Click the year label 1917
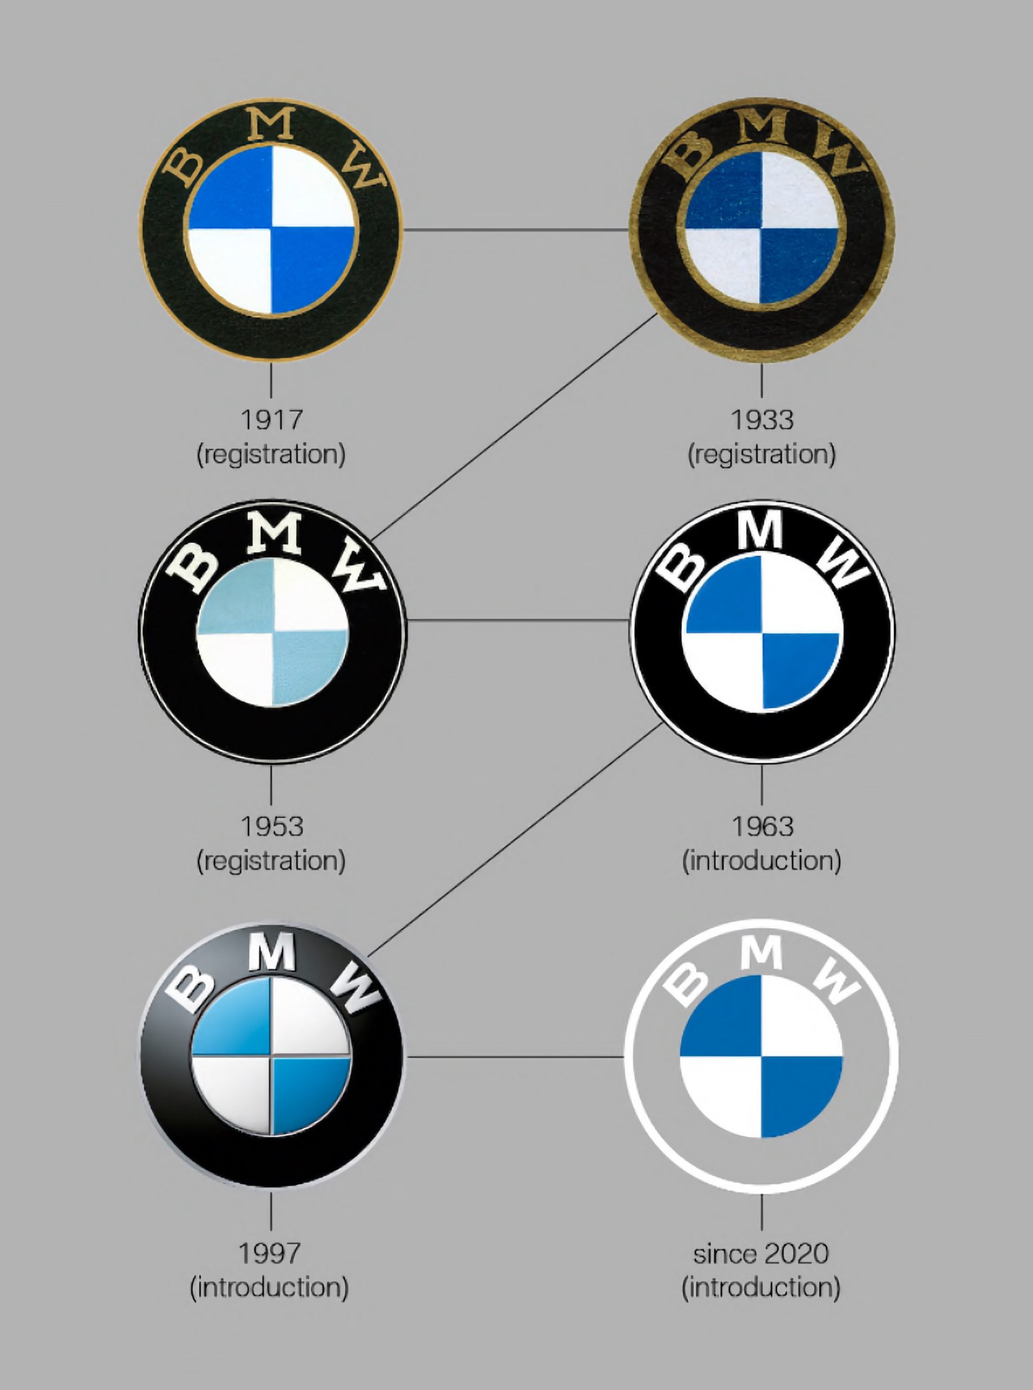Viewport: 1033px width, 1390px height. click(271, 420)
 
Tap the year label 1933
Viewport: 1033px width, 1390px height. click(762, 420)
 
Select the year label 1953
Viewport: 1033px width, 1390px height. click(271, 826)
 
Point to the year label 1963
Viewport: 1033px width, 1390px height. click(762, 826)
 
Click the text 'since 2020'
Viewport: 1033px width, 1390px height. click(761, 1254)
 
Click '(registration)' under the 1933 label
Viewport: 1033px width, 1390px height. click(762, 454)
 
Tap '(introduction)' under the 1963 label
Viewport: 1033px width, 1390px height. click(762, 861)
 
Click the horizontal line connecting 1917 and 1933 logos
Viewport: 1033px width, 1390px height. click(516, 230)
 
